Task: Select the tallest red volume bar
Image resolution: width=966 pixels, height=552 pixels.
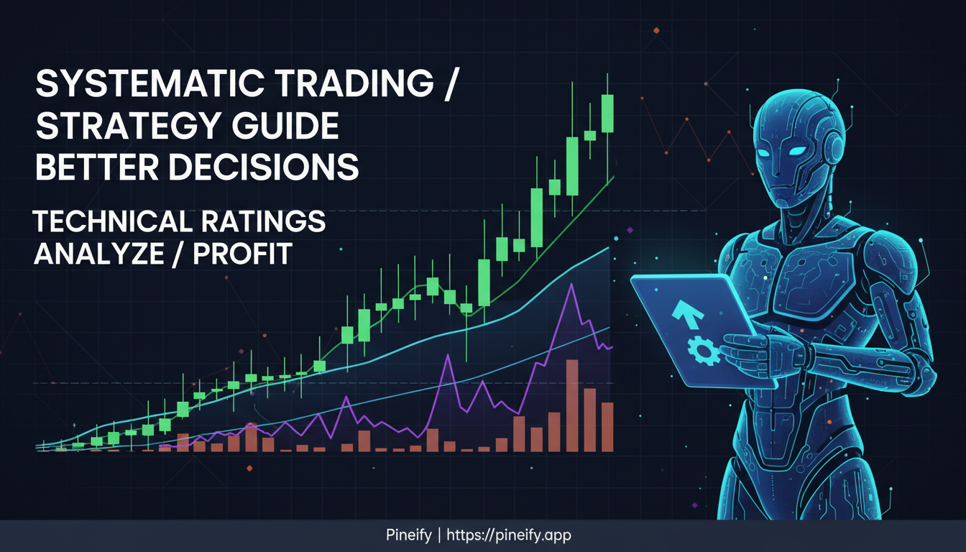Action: click(572, 405)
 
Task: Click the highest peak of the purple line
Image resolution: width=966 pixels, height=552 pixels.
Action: click(571, 285)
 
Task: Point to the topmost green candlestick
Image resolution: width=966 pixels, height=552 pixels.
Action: click(607, 113)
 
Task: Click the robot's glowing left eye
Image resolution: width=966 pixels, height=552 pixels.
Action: click(796, 151)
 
